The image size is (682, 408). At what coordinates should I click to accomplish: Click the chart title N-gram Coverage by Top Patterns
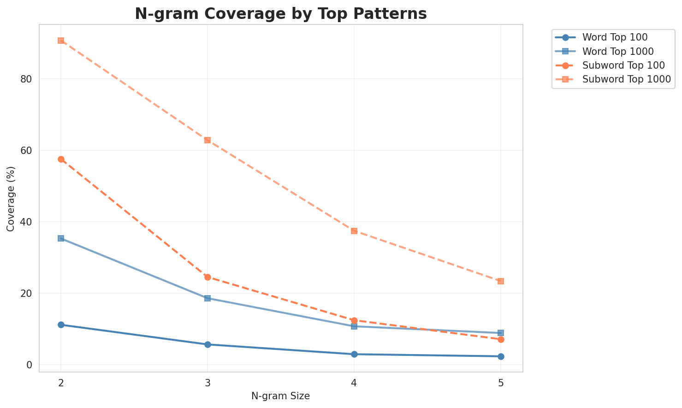click(x=280, y=14)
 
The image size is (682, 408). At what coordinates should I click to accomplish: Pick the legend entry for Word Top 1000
click(x=618, y=51)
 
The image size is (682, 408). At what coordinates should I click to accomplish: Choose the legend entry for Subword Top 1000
click(x=626, y=79)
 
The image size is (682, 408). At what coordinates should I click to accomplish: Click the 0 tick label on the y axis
click(x=30, y=365)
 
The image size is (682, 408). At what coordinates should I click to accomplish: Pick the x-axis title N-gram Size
click(x=280, y=396)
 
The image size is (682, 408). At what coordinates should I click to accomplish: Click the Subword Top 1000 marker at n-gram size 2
click(x=61, y=41)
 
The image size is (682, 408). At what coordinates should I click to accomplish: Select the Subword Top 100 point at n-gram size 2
click(x=61, y=159)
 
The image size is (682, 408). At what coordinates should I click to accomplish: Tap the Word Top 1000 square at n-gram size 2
click(x=61, y=238)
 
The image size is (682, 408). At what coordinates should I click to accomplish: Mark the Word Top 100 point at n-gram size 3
click(x=208, y=344)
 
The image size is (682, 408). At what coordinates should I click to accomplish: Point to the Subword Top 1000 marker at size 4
click(x=354, y=231)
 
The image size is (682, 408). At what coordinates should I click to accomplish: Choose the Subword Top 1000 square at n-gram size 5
click(x=501, y=281)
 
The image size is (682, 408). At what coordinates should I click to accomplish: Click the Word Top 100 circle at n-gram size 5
click(x=501, y=356)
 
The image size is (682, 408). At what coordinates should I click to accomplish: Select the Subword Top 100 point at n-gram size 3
click(x=208, y=277)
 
